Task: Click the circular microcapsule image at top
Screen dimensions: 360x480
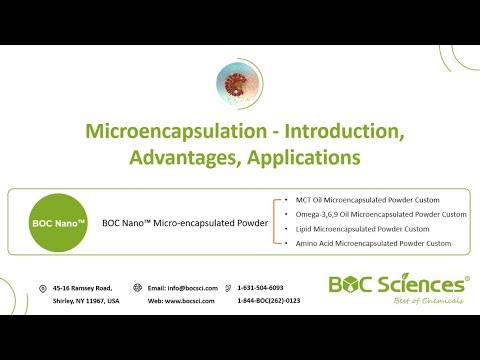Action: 239,84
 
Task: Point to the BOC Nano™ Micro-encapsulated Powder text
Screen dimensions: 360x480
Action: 185,222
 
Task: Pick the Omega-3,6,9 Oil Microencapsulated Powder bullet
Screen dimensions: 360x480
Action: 375,214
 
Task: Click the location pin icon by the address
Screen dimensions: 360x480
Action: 42,288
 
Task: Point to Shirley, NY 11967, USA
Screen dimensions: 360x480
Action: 86,301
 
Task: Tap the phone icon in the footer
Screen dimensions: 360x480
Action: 228,288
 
